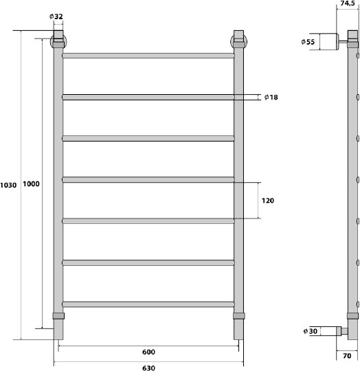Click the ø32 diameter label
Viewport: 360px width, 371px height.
56,16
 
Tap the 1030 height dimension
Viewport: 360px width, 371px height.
8,185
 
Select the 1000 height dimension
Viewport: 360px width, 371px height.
31,184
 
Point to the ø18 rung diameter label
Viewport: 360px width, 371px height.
271,97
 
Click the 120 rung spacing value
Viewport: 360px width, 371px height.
268,201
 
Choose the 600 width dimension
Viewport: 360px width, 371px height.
148,352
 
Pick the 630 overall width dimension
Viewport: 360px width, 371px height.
148,368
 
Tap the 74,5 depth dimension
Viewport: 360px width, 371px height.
348,3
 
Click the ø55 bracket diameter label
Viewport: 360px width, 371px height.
308,42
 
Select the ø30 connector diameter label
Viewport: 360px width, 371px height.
311,331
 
